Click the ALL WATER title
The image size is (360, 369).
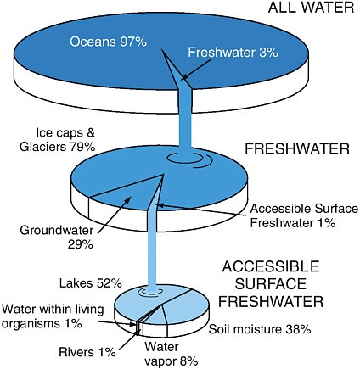(x=311, y=8)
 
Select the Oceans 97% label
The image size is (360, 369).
(x=109, y=42)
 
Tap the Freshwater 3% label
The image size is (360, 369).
(x=233, y=53)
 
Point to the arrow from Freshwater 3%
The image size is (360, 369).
(x=195, y=70)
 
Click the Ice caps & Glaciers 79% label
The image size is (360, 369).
(x=58, y=140)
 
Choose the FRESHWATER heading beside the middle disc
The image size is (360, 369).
(x=297, y=148)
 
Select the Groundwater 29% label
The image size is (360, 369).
(x=57, y=237)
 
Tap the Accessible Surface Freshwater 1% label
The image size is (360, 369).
(x=304, y=215)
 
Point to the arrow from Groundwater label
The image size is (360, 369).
(x=114, y=215)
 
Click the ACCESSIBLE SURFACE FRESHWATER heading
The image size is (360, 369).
(x=271, y=284)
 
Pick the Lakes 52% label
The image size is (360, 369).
(x=91, y=283)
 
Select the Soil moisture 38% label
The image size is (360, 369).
(x=260, y=329)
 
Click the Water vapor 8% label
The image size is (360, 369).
(x=171, y=354)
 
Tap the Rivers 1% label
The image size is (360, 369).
(x=87, y=352)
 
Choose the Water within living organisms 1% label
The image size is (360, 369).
(x=53, y=316)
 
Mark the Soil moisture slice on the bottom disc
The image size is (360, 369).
(x=184, y=308)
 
